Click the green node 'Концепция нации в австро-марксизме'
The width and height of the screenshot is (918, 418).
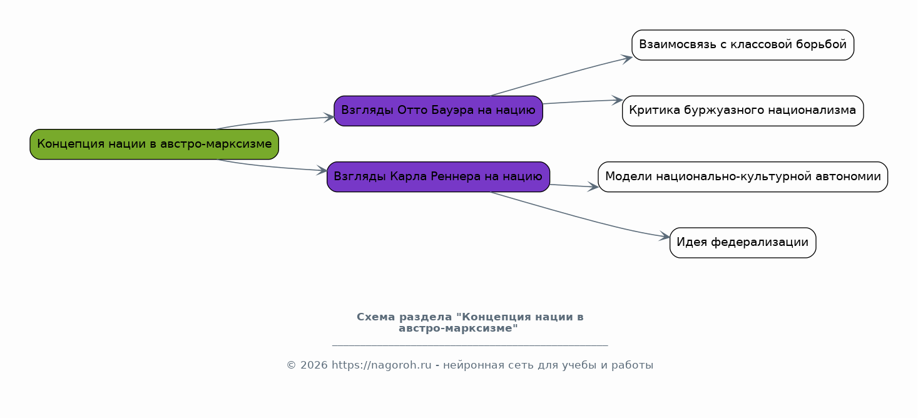(x=154, y=145)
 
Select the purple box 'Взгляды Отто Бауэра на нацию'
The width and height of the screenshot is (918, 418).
(x=438, y=111)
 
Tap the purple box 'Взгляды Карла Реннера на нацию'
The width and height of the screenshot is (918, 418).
(x=438, y=176)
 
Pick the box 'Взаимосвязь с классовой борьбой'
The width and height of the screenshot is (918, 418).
(x=743, y=45)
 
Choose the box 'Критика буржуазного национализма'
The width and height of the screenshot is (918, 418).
(x=743, y=111)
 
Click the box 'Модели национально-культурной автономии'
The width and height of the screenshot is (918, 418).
(x=743, y=176)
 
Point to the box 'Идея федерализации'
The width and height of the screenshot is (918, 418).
(x=743, y=243)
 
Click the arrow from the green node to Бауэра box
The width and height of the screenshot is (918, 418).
(x=275, y=121)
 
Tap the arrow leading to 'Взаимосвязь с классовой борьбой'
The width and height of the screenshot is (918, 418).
(x=561, y=75)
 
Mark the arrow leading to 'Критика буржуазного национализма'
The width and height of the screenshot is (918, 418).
(x=583, y=101)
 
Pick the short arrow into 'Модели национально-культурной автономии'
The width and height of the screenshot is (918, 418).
(x=574, y=186)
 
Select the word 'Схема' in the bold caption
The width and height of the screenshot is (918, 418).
(x=376, y=317)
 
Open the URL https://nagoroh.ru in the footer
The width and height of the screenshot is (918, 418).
(x=381, y=365)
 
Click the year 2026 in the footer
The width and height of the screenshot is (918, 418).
(x=314, y=365)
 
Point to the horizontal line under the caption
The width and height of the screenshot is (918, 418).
(x=470, y=345)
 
